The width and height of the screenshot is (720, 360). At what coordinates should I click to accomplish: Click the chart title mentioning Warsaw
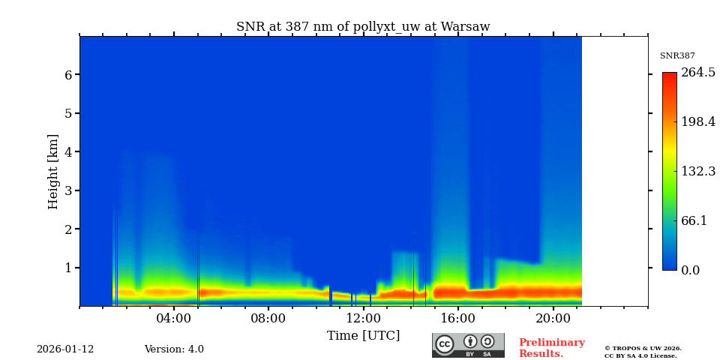[363, 27]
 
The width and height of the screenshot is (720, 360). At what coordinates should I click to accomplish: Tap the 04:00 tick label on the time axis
[174, 318]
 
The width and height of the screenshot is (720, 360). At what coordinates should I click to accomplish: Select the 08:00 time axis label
[268, 318]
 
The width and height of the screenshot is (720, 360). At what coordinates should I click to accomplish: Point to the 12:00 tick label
[364, 318]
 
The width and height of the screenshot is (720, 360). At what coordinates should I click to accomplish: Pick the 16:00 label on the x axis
[458, 318]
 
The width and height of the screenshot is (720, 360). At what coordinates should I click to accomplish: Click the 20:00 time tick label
[553, 318]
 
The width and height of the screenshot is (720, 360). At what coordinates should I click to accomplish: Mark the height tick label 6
[67, 75]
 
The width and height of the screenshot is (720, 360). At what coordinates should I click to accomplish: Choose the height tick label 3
[67, 190]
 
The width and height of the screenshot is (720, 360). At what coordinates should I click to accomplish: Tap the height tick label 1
[67, 268]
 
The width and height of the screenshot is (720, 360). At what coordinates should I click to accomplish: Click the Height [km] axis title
[53, 171]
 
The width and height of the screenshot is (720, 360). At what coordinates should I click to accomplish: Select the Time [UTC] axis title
[363, 335]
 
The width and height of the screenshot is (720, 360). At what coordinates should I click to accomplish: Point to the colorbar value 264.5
[698, 73]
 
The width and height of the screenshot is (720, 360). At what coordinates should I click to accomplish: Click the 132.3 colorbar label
[698, 171]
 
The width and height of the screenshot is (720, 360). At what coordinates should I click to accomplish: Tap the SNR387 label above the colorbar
[677, 56]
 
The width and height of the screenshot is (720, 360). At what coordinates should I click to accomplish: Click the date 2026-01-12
[65, 349]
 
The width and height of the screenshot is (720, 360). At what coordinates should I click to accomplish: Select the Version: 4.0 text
[174, 349]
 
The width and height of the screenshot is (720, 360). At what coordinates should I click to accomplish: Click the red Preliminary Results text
[551, 348]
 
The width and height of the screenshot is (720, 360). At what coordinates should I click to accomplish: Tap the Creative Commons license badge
[468, 345]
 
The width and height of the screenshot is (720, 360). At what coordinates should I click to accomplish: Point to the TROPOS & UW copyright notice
[643, 352]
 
